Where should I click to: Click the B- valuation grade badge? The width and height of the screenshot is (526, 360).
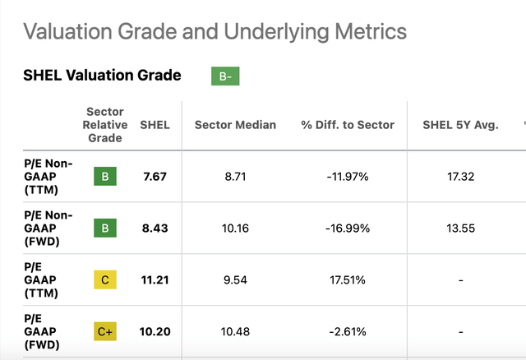tap(225, 76)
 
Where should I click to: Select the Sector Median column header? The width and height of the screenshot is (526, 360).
tap(235, 125)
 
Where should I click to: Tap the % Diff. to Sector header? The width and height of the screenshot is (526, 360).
tap(348, 125)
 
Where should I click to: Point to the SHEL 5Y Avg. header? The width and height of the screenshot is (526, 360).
tap(460, 125)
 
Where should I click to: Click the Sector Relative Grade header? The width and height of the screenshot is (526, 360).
tap(105, 125)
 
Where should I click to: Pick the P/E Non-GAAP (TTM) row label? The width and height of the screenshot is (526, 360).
tap(48, 177)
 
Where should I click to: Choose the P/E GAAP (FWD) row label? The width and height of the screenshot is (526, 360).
tap(42, 331)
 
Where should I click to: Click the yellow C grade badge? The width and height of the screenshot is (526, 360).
tap(105, 279)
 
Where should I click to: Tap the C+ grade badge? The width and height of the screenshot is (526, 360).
tap(105, 331)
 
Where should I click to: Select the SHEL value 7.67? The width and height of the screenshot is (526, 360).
tap(155, 177)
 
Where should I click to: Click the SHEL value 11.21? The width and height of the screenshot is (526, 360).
tap(155, 279)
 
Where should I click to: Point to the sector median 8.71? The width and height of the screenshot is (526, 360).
tap(235, 177)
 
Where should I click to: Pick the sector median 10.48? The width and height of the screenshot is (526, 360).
tap(235, 331)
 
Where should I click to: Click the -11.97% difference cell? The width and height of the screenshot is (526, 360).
tap(348, 177)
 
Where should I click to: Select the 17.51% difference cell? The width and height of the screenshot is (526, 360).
tap(348, 279)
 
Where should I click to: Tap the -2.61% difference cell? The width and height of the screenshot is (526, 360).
tap(348, 331)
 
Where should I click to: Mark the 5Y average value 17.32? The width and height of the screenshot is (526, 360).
tap(460, 177)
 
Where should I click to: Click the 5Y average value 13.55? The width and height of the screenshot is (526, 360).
tap(460, 228)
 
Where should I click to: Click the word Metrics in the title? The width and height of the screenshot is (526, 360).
tap(371, 31)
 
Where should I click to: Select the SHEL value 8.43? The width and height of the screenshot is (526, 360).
tap(155, 228)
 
